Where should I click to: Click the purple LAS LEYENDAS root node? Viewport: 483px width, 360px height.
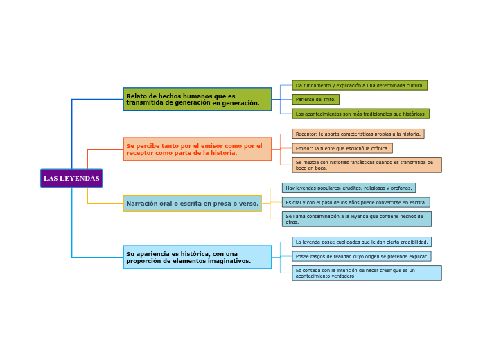click(71, 178)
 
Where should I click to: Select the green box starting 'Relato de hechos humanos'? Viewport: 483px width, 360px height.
click(197, 99)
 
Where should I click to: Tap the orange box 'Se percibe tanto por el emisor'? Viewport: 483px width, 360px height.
click(197, 149)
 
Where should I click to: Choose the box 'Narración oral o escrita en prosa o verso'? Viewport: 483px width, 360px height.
click(192, 203)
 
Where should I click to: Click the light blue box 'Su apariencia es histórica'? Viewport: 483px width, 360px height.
click(197, 257)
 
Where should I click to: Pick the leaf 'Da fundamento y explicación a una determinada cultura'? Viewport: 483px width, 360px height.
click(359, 85)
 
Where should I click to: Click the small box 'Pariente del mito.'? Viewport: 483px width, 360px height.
click(315, 99)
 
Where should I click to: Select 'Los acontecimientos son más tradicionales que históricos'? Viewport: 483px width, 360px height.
click(360, 114)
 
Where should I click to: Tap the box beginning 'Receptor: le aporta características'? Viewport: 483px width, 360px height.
click(358, 134)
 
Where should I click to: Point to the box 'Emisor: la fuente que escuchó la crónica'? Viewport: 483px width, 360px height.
click(342, 148)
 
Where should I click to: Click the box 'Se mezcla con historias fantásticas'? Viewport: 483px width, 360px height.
click(366, 165)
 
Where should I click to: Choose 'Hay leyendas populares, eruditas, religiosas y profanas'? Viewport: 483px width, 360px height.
click(349, 188)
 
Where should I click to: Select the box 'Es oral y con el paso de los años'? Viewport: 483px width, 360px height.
click(355, 202)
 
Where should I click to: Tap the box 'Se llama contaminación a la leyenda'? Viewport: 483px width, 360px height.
click(356, 219)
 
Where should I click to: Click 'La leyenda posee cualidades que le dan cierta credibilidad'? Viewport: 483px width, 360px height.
click(361, 242)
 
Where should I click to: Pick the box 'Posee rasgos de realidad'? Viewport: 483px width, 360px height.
click(361, 256)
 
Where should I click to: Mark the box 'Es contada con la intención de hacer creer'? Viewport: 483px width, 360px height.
click(366, 273)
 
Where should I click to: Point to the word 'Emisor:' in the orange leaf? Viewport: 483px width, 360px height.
click(304, 148)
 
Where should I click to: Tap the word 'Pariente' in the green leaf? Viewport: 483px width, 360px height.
click(306, 99)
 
